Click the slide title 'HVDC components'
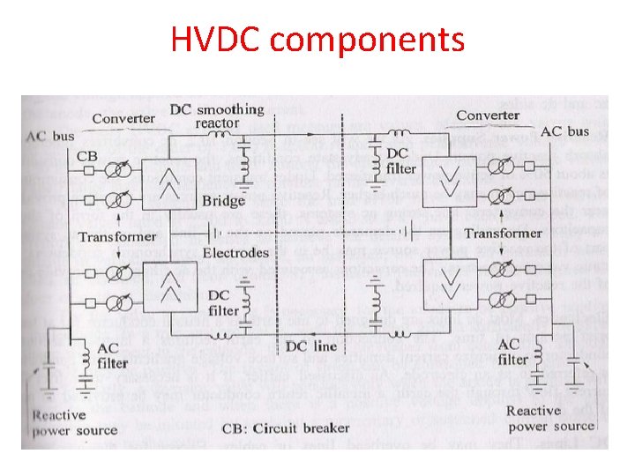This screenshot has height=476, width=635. (x=317, y=39)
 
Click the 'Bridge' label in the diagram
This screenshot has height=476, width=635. (x=224, y=201)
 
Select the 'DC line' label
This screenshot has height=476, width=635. (x=312, y=346)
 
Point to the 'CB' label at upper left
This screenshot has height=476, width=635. (x=87, y=156)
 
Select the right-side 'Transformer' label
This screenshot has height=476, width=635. (x=503, y=233)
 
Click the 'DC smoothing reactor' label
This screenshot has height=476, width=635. (x=217, y=116)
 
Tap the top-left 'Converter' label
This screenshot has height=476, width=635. (x=123, y=119)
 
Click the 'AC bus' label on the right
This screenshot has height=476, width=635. (x=564, y=131)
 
